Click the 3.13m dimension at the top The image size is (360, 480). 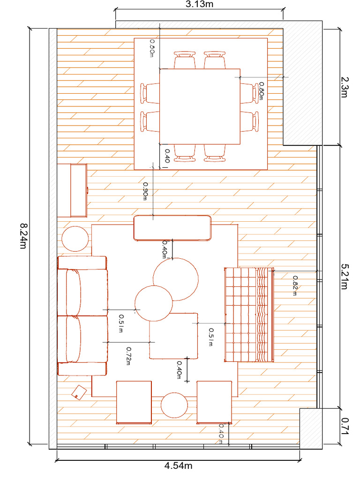pos(199,4)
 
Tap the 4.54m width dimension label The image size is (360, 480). pos(178,466)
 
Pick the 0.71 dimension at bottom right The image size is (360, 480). pos(345,427)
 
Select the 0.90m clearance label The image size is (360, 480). pos(146,191)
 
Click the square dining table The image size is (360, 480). pos(200,106)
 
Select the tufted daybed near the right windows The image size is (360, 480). pos(249,315)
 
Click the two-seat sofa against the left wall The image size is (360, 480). pos(82,315)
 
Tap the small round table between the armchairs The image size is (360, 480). pos(174,405)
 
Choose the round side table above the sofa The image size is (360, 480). pos(75,239)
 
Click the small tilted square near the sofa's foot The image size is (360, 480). pos(79,392)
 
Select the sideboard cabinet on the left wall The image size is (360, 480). pos(72,190)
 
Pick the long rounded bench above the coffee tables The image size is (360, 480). pos(172,228)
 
